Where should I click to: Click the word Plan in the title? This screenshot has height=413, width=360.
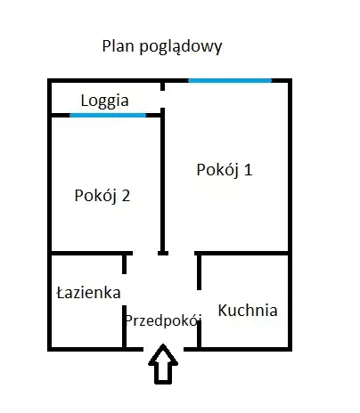118,46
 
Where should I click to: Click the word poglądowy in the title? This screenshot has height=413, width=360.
181,47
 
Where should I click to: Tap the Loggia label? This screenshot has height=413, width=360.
105,101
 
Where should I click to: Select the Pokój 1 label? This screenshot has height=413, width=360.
225,170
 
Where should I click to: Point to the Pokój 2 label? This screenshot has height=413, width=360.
102,196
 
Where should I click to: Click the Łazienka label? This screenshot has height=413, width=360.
88,293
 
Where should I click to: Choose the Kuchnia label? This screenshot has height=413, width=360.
248,311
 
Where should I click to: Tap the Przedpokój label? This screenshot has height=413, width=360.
163,321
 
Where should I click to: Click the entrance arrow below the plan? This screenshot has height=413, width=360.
163,364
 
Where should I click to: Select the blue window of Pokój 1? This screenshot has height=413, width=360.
230,80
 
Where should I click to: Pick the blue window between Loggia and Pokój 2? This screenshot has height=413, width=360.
108,115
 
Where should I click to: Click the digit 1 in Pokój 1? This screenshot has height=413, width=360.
248,170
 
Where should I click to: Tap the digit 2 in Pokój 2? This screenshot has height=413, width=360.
126,196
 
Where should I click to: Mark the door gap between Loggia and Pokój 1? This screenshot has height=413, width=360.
162,99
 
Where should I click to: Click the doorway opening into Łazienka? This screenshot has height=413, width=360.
125,290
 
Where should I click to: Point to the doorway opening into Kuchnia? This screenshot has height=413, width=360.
199,305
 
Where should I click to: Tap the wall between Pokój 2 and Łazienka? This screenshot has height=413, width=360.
90,253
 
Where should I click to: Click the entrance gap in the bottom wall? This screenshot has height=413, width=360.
163,349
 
